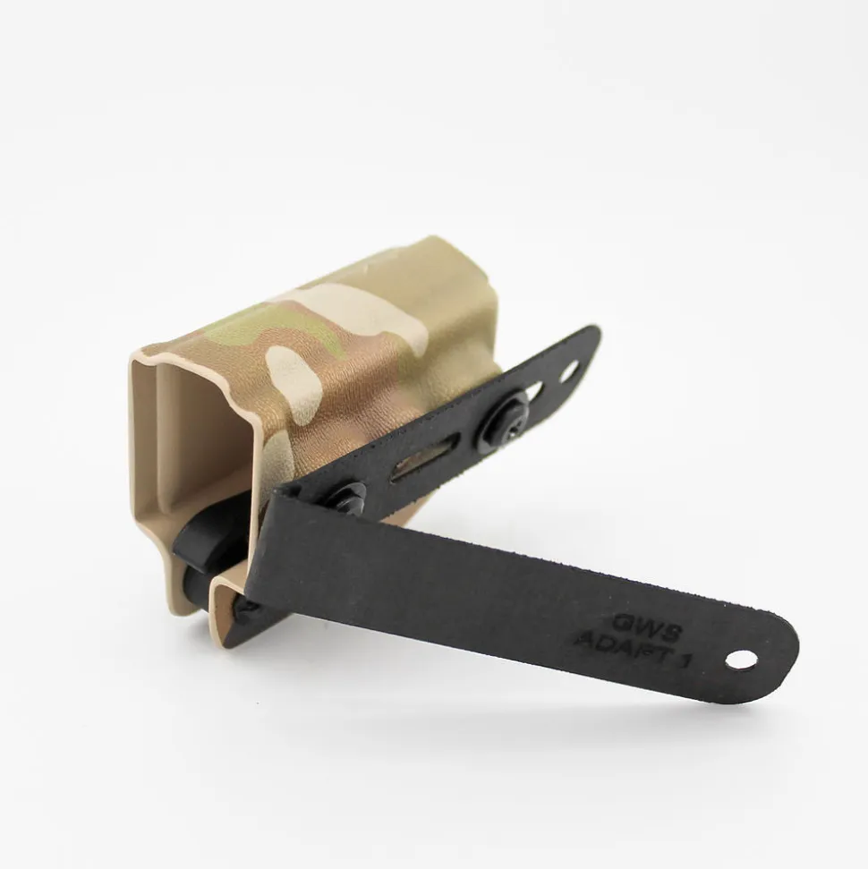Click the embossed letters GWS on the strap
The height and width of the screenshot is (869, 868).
(647, 626)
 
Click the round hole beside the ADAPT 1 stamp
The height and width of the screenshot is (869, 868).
(741, 660)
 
